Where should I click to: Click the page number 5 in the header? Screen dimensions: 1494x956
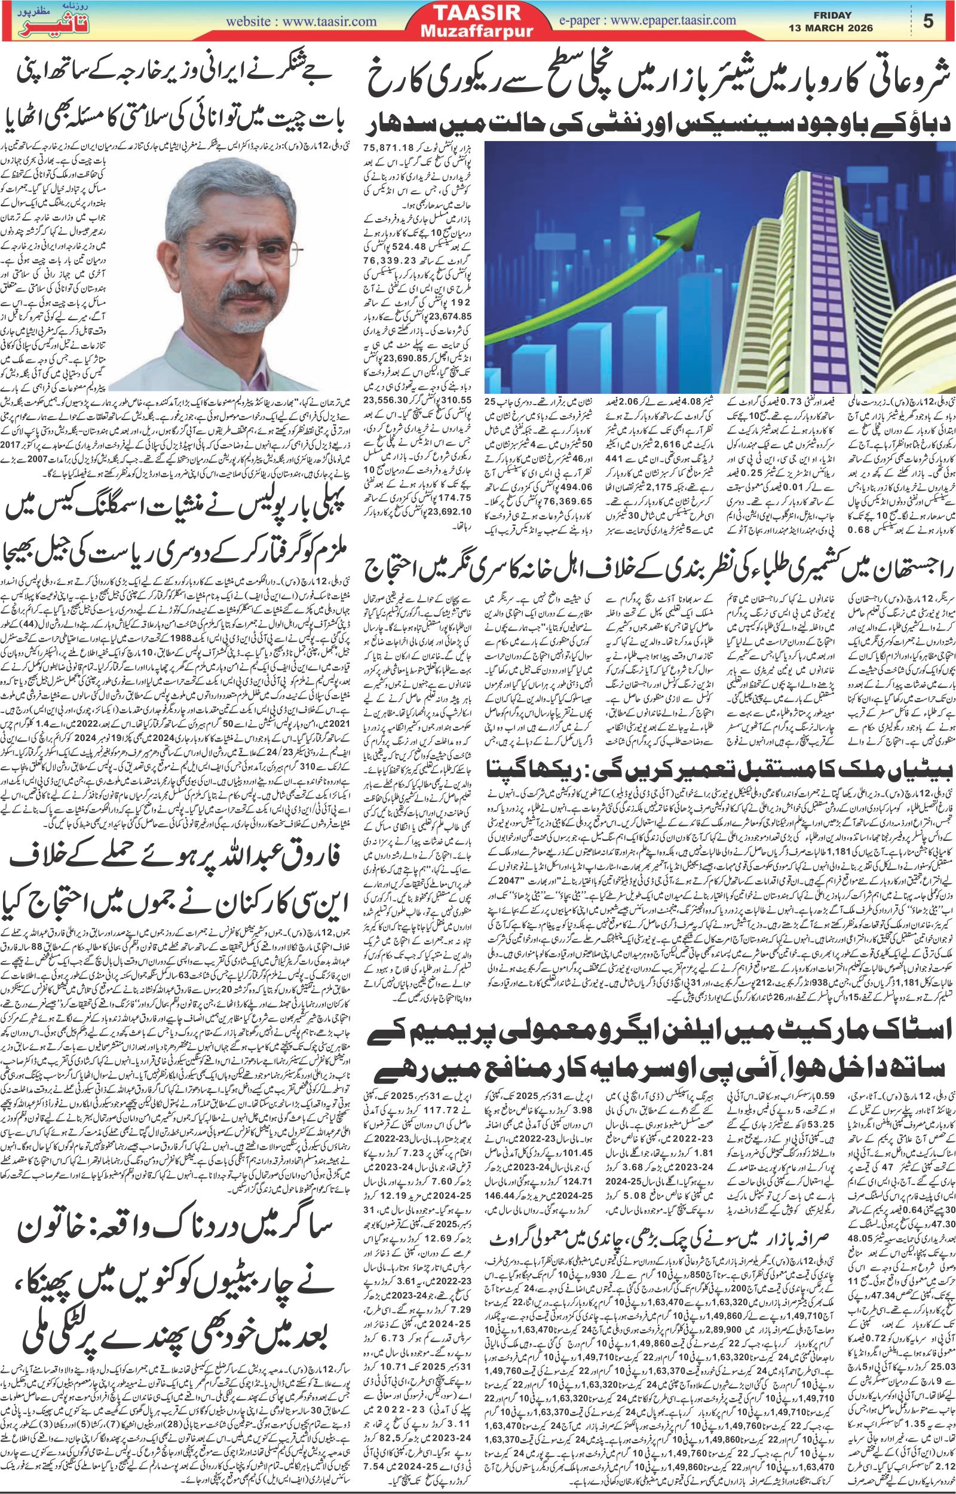[928, 21]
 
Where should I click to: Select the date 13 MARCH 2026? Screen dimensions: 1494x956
[831, 28]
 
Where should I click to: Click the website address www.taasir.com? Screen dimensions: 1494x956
[301, 22]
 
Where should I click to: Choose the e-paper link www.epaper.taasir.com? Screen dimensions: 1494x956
[648, 20]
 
